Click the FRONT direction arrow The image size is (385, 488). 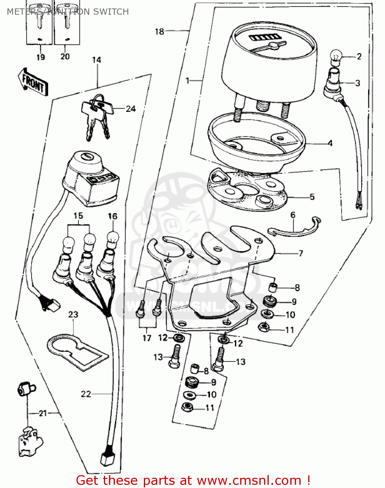pos(33,82)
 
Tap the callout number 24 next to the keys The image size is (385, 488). pos(131,109)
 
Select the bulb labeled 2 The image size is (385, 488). pos(336,57)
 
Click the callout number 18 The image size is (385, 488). pos(159,32)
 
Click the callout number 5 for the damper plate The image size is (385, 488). pos(312,197)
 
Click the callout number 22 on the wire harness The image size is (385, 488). pos(86,394)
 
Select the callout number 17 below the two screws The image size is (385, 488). pos(147,338)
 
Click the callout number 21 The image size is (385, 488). pos(43,413)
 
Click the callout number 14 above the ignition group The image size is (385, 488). pos(97,60)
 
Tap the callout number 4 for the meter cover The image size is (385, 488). pos(330,143)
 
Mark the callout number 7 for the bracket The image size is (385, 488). pos(300,253)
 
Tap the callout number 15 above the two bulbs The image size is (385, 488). pos(78,216)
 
